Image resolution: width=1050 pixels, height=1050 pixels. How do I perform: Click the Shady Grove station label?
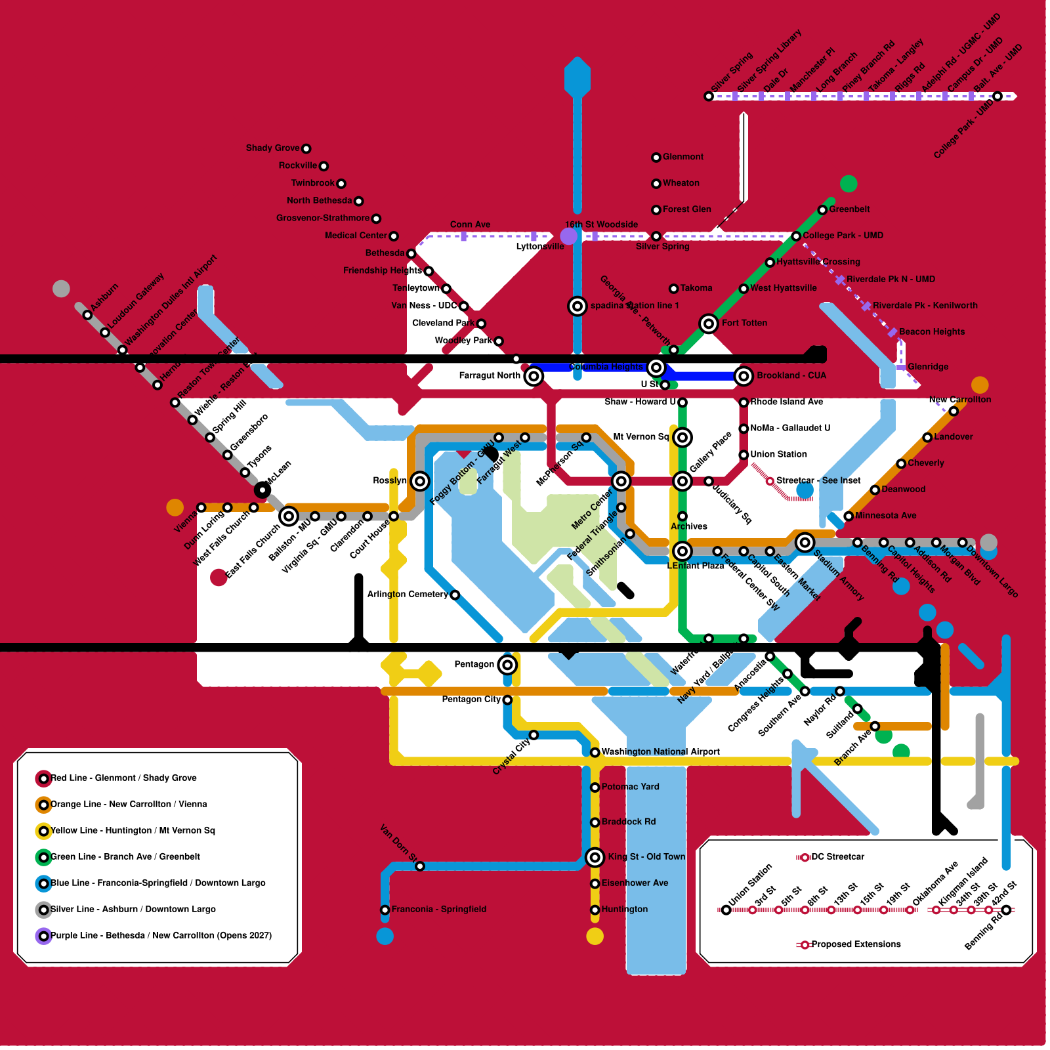click(272, 148)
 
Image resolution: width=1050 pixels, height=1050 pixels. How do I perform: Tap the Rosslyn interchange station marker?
click(420, 481)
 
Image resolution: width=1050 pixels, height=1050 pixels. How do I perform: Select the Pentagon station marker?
click(507, 665)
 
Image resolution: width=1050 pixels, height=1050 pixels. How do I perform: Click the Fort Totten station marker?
click(709, 324)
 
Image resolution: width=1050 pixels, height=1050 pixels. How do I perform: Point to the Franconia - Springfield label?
click(438, 910)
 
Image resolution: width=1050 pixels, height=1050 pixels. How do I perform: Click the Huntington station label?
click(624, 910)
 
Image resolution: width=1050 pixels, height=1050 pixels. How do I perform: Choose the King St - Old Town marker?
click(595, 857)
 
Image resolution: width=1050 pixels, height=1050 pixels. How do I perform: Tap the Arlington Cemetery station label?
click(407, 595)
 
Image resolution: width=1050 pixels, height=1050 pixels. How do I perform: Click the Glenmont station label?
click(682, 157)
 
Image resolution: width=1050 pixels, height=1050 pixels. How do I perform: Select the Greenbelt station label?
click(849, 209)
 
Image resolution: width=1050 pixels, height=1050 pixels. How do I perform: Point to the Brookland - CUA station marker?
click(744, 376)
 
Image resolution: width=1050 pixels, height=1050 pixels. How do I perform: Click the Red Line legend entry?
click(123, 778)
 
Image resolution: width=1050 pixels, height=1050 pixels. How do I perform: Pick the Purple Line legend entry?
click(161, 936)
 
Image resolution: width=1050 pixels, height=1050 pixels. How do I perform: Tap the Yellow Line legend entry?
click(133, 831)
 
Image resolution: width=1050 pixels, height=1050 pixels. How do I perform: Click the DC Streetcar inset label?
click(837, 857)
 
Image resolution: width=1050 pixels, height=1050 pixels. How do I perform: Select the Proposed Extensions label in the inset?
click(856, 944)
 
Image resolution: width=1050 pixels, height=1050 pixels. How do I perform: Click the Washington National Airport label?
click(660, 752)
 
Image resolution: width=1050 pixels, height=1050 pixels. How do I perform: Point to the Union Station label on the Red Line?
click(778, 454)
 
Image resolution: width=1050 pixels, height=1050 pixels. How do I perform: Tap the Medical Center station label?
click(356, 236)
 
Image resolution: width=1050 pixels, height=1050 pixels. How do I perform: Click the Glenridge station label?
click(928, 367)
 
